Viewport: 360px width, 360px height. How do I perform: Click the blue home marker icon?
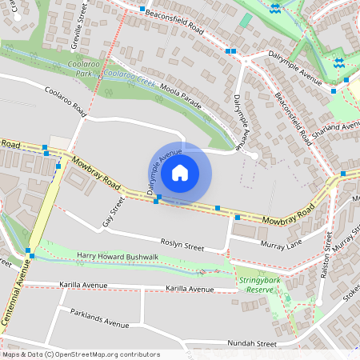click(x=180, y=173)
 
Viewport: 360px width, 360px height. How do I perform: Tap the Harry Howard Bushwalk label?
click(x=118, y=256)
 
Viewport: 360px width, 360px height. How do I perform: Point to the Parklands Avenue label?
click(x=99, y=318)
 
